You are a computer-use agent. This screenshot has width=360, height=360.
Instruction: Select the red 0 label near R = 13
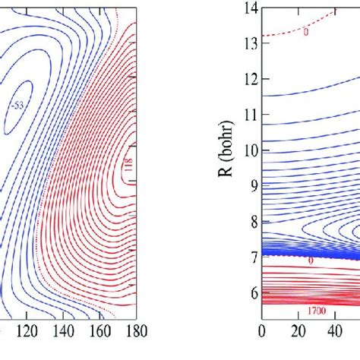point(305,33)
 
